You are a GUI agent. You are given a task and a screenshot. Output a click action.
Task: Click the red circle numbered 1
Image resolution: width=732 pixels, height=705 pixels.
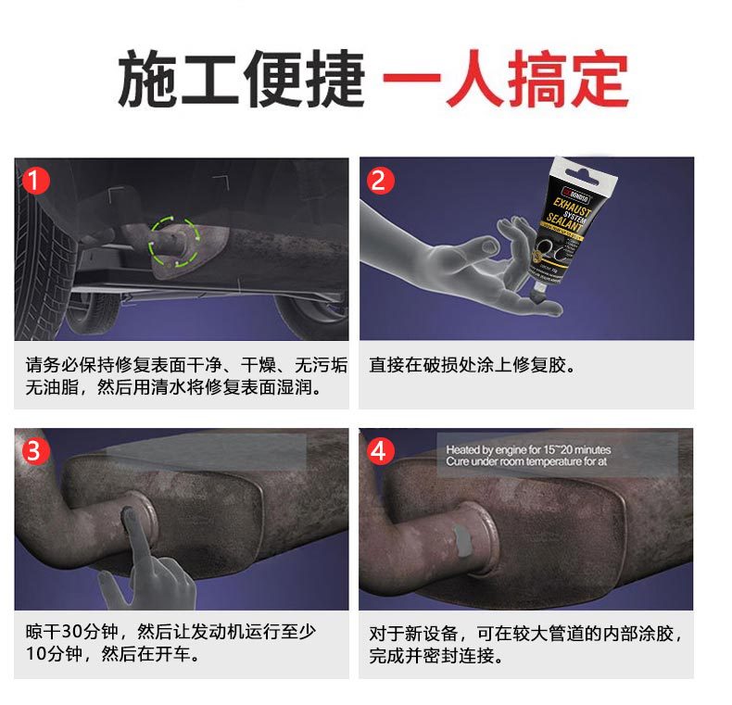[34, 181]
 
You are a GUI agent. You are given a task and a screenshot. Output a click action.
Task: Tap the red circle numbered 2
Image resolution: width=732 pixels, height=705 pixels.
[378, 181]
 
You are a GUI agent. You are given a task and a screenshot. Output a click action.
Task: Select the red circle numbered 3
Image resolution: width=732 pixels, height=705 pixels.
[34, 451]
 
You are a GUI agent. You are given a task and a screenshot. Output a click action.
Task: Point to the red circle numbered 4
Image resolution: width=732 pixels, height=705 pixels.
[378, 451]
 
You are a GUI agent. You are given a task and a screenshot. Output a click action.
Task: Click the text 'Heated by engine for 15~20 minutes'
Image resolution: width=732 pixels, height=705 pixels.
[528, 449]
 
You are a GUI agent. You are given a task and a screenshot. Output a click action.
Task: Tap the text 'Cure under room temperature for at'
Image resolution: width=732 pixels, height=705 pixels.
[525, 461]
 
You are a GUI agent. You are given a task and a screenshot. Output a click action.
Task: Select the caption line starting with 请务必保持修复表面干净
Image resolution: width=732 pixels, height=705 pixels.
[185, 365]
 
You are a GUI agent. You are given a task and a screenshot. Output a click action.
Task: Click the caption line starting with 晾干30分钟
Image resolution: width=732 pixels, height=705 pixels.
[170, 632]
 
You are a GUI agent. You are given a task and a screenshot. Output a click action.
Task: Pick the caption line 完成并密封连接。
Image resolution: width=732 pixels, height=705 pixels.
[435, 656]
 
